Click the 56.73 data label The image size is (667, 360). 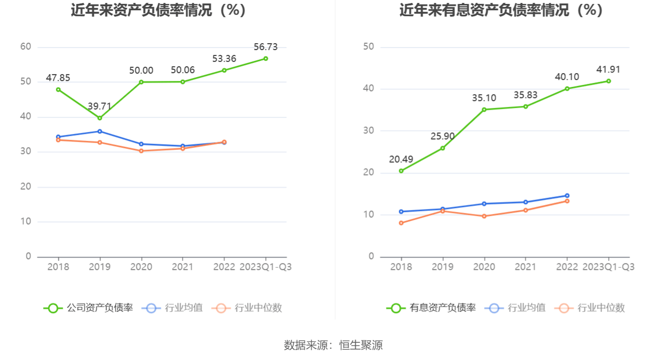pos(265,47)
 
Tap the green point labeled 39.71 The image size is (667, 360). pos(100,118)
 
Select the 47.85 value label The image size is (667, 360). pos(58,78)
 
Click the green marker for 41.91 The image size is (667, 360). pos(608,81)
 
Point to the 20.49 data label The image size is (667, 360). pos(401,159)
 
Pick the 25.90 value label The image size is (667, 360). pos(442,136)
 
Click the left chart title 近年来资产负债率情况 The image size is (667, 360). pos(158,10)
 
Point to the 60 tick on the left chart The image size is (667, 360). pos(26,47)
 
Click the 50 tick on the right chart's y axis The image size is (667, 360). pos(368,47)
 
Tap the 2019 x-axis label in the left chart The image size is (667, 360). pos(100,267)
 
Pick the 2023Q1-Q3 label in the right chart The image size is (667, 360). pos(608,267)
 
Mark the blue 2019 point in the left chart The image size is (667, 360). pos(100,131)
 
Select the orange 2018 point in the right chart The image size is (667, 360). pos(401,223)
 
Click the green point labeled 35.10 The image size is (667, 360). pos(484,109)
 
